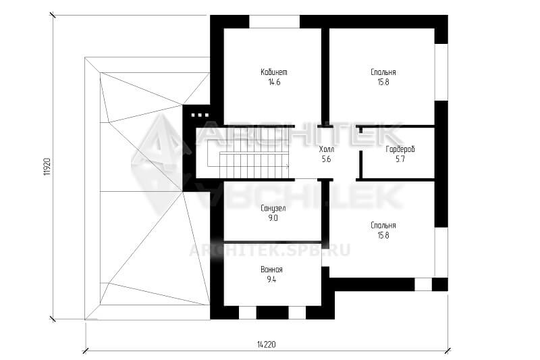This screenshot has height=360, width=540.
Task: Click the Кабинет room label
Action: click(x=274, y=72)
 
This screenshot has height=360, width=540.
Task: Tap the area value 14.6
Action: click(x=274, y=82)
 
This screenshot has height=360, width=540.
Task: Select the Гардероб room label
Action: click(x=400, y=149)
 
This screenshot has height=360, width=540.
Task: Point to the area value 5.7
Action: click(x=400, y=159)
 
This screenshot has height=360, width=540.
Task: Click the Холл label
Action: click(x=326, y=149)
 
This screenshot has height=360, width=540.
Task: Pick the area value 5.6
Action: click(x=326, y=159)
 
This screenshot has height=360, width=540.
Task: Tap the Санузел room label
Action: click(x=273, y=209)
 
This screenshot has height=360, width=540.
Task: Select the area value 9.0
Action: click(x=273, y=218)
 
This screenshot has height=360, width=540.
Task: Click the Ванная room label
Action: click(x=272, y=269)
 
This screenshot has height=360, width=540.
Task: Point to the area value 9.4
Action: click(x=272, y=280)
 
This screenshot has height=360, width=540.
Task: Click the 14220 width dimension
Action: click(x=266, y=344)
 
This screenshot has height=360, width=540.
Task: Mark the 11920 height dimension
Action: click(x=47, y=167)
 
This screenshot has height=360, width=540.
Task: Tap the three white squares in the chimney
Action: click(x=200, y=115)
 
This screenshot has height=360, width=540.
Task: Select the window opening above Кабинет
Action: click(x=275, y=22)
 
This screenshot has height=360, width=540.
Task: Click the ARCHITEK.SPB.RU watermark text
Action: click(x=269, y=250)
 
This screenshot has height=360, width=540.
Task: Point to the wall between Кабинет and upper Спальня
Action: click(x=325, y=76)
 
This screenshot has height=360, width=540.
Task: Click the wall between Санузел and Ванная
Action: click(x=273, y=242)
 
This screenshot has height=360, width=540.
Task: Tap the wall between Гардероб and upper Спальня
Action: click(x=396, y=126)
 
